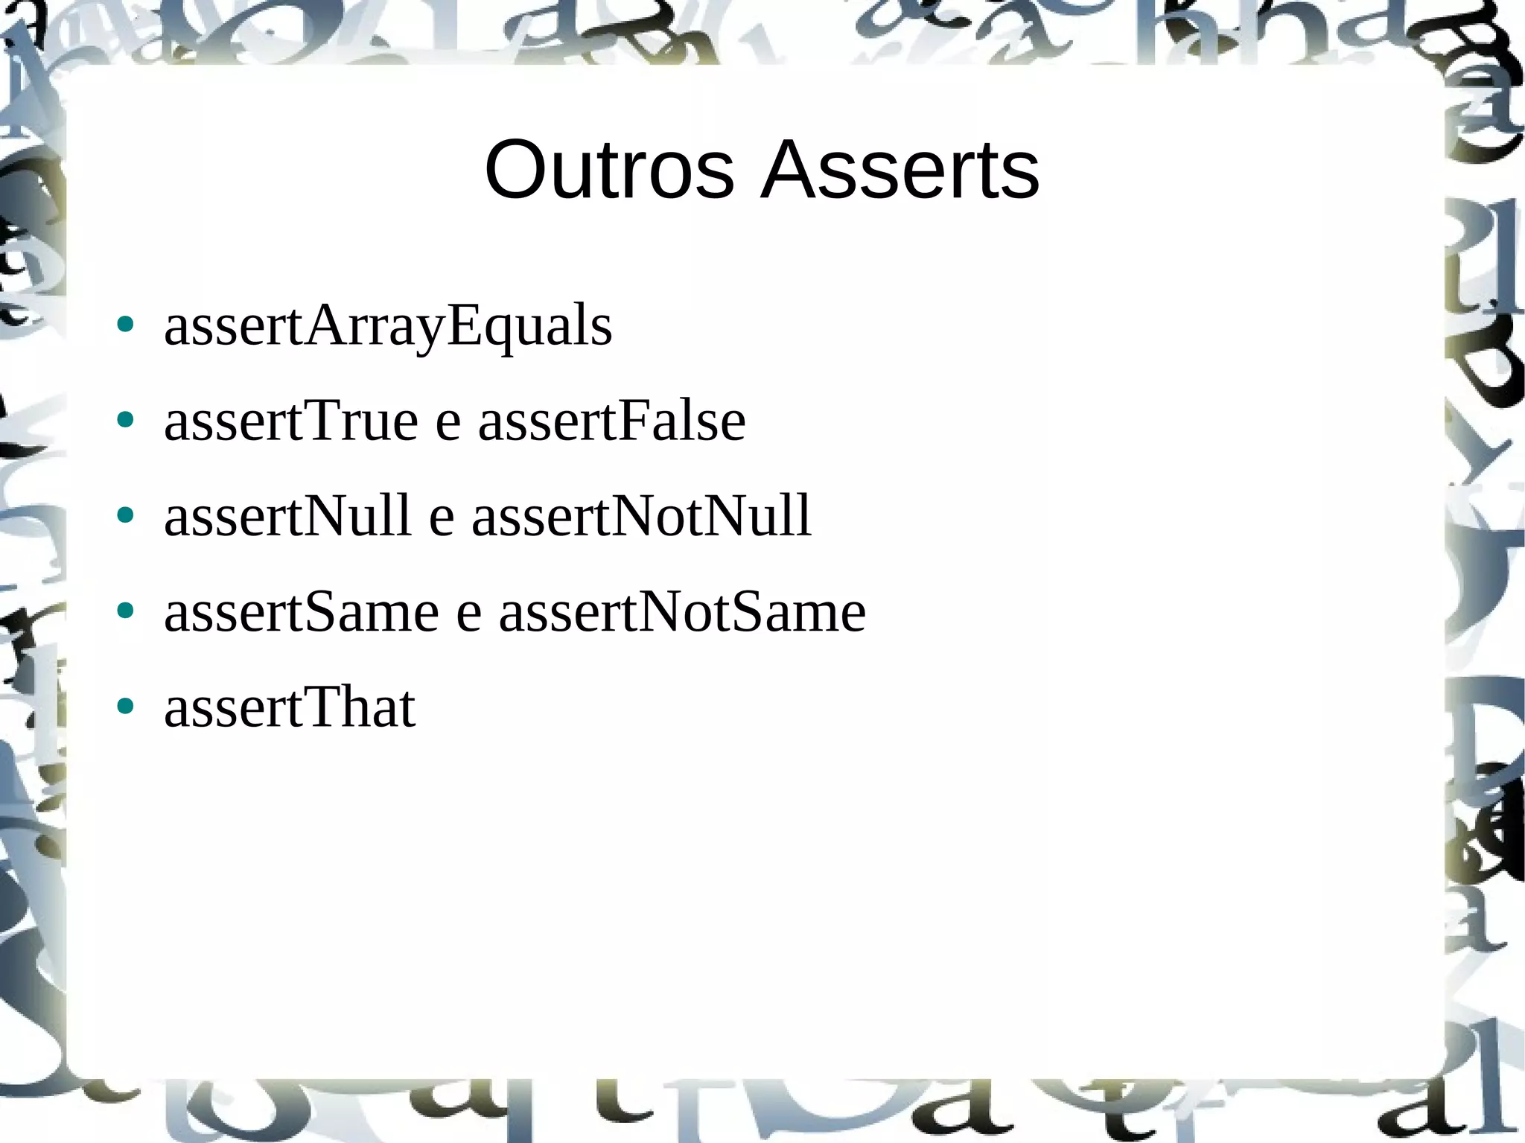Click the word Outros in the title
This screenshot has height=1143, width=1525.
tap(609, 171)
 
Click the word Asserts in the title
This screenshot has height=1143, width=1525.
tap(900, 171)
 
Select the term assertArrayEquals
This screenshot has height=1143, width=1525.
tap(388, 327)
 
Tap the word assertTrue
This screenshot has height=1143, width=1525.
tap(291, 421)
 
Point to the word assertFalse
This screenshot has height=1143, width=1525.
tap(611, 421)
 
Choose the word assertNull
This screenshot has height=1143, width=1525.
tap(287, 516)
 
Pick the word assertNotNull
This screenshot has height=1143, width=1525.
tap(641, 516)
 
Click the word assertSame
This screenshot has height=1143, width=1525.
tap(302, 612)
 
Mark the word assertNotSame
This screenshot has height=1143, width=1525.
tap(682, 612)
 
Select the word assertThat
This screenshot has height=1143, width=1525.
tap(290, 707)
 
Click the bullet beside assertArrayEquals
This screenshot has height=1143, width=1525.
tap(125, 325)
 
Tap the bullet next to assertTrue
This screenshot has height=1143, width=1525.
tap(125, 420)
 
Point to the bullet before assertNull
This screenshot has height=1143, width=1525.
tap(125, 515)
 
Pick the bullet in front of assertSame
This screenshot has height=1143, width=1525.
tap(125, 611)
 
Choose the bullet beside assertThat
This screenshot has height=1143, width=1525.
tap(125, 706)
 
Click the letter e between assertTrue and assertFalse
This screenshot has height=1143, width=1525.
tap(448, 426)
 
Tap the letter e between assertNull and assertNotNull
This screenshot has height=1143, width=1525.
tap(442, 520)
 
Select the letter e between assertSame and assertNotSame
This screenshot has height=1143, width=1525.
tap(468, 617)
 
